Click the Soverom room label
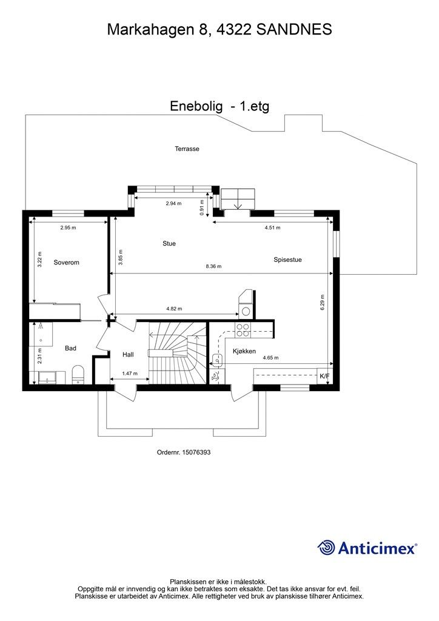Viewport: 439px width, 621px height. pos(67,262)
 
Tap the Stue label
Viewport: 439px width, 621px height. pos(169,244)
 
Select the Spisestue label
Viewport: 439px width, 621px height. pos(288,260)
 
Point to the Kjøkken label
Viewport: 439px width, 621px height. pos(244,351)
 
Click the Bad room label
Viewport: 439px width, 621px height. pos(70,348)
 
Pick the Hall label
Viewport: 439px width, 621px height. pos(128,354)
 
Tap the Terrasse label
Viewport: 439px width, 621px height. pos(187,149)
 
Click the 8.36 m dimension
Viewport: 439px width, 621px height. pos(214,267)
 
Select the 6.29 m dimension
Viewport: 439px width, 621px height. pos(323,302)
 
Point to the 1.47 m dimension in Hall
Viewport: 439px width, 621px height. pos(130,374)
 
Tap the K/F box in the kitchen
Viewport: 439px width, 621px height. pos(324,376)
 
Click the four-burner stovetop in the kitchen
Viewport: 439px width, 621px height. pos(243,330)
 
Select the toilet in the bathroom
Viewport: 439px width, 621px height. pos(78,375)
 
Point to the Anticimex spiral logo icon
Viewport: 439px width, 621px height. pos(326,548)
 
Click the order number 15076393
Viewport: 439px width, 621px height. pos(196,452)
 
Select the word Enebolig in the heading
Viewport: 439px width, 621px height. pos(196,106)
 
